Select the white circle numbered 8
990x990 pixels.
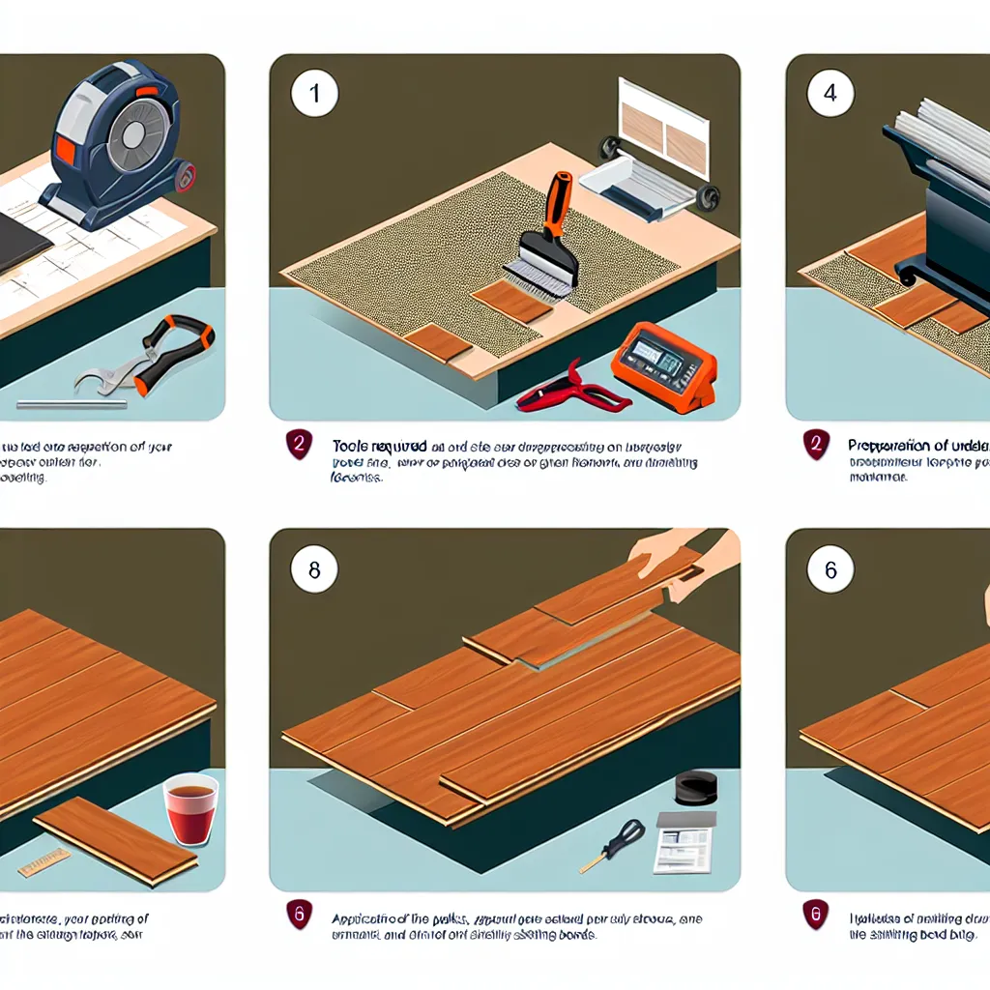(314, 571)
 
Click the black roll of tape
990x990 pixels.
(694, 787)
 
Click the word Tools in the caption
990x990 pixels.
(351, 447)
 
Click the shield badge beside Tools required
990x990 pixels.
(300, 446)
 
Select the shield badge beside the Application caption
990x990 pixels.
(300, 914)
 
